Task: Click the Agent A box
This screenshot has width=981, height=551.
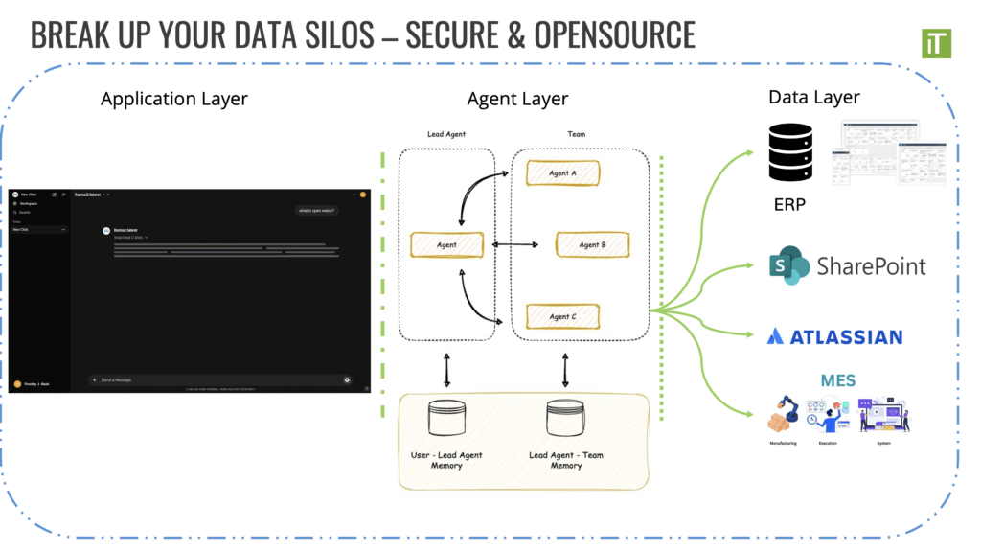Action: point(562,173)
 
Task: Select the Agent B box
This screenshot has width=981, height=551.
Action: point(592,244)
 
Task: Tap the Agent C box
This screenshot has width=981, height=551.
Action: point(563,316)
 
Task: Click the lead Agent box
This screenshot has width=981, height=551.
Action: point(446,244)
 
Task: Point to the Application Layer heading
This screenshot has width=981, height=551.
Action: point(173,99)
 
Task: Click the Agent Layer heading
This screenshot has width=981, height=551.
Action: point(517,99)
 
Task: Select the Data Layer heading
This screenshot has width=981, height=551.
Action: point(814,97)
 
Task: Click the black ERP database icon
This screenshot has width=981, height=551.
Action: point(791,152)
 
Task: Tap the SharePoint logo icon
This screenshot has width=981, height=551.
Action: point(788,264)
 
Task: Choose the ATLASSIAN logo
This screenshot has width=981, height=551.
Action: point(834,336)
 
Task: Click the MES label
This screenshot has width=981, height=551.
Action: point(837,380)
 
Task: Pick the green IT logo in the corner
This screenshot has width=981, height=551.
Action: point(935,43)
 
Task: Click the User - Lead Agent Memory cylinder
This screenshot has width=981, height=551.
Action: point(446,419)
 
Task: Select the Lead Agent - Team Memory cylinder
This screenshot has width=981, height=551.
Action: point(565,419)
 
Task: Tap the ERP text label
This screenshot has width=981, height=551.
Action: point(790,204)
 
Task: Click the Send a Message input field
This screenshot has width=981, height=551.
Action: point(220,380)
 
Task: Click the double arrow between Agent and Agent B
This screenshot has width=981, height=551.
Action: point(515,245)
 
